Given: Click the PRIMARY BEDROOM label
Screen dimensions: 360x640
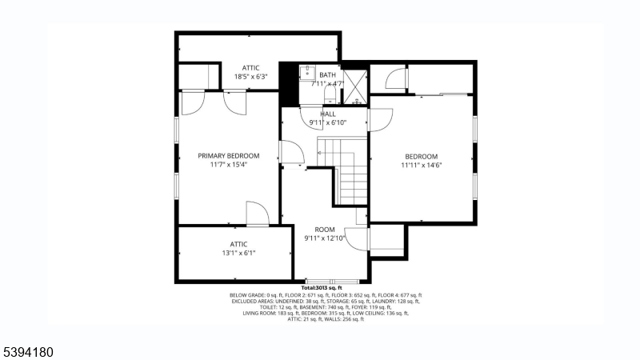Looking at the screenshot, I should tap(229, 155).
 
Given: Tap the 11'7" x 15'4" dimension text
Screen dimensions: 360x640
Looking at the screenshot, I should tap(229, 165).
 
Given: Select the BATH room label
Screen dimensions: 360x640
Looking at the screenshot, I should tap(328, 74).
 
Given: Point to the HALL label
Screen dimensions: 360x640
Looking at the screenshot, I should tap(328, 114).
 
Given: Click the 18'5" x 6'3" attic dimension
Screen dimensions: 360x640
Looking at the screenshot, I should tap(250, 77).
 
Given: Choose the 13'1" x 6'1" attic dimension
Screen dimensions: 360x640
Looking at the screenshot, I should tap(238, 253).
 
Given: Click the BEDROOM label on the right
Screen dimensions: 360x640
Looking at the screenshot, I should tap(421, 156).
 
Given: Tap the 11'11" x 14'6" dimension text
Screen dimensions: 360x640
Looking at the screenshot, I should tap(422, 166).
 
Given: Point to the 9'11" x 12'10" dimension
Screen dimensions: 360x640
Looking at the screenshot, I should tap(324, 238).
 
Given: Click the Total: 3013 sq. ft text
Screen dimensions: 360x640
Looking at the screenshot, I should tap(322, 287).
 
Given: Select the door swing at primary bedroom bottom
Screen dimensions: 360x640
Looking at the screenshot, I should tap(257, 214).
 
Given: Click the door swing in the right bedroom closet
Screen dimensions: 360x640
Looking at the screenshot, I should tap(394, 78).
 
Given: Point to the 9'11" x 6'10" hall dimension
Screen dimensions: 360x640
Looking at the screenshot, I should tap(328, 122).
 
